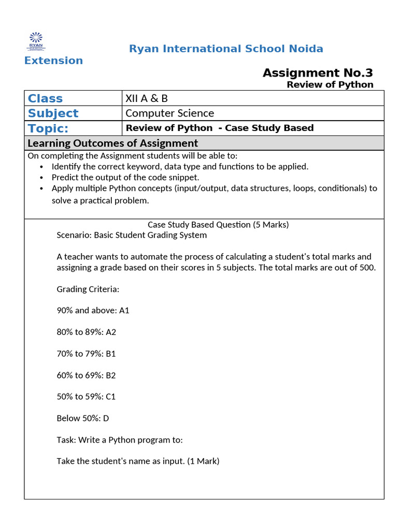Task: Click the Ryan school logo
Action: pos(36,41)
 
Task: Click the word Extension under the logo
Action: pos(53,61)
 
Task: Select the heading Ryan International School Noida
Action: pos(226,49)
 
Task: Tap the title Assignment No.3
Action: pos(317,73)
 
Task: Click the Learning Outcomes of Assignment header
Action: pos(112,143)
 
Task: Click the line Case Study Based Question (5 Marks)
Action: pos(218,225)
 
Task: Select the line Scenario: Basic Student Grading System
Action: pos(132,235)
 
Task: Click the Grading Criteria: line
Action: pos(88,289)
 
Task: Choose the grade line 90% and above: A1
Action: pos(93,311)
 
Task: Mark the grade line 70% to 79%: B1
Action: pos(86,354)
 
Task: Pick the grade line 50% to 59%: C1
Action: pos(86,396)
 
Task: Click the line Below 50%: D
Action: pos(83,418)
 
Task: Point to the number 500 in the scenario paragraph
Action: pos(367,268)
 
